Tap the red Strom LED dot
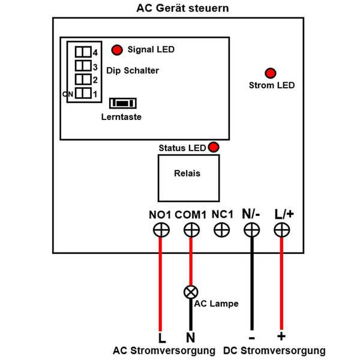271,73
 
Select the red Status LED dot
213,148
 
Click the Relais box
187,178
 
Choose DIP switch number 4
83,52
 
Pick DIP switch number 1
83,94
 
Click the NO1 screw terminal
161,229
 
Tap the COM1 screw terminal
191,229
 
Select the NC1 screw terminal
222,229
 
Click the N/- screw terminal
252,229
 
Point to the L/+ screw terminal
281,229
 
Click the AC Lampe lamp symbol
191,293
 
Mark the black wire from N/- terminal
252,282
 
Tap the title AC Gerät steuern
179,8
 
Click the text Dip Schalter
133,70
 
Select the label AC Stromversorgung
164,350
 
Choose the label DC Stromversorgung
274,350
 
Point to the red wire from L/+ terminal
281,282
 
